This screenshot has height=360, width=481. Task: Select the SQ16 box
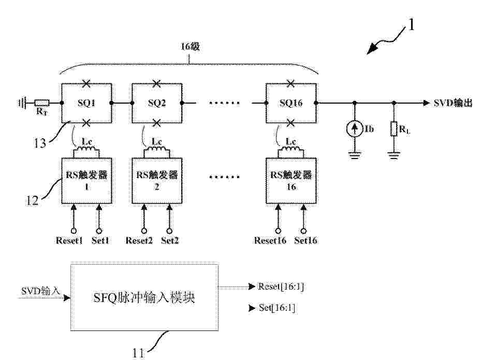(x=266, y=92)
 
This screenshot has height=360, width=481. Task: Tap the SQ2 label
(x=157, y=103)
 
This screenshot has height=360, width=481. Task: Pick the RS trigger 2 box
(x=133, y=181)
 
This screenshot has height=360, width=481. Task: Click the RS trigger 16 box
(x=266, y=181)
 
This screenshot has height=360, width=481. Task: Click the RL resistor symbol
(x=394, y=128)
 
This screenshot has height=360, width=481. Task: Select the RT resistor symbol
(x=41, y=103)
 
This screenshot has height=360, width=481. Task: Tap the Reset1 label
(x=69, y=240)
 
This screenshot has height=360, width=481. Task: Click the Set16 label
(x=305, y=240)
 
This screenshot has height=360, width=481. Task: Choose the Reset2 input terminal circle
(x=144, y=231)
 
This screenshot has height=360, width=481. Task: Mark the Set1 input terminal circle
(x=99, y=231)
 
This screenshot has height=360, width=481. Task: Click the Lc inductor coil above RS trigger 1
(x=86, y=148)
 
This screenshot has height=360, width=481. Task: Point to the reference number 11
(x=138, y=353)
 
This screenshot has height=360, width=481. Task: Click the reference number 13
(x=40, y=143)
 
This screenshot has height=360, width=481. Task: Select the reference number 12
(x=32, y=200)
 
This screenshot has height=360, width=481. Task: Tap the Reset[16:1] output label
(x=281, y=286)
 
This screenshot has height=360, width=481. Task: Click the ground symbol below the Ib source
(x=355, y=155)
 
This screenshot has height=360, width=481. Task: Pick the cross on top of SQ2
(x=157, y=83)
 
